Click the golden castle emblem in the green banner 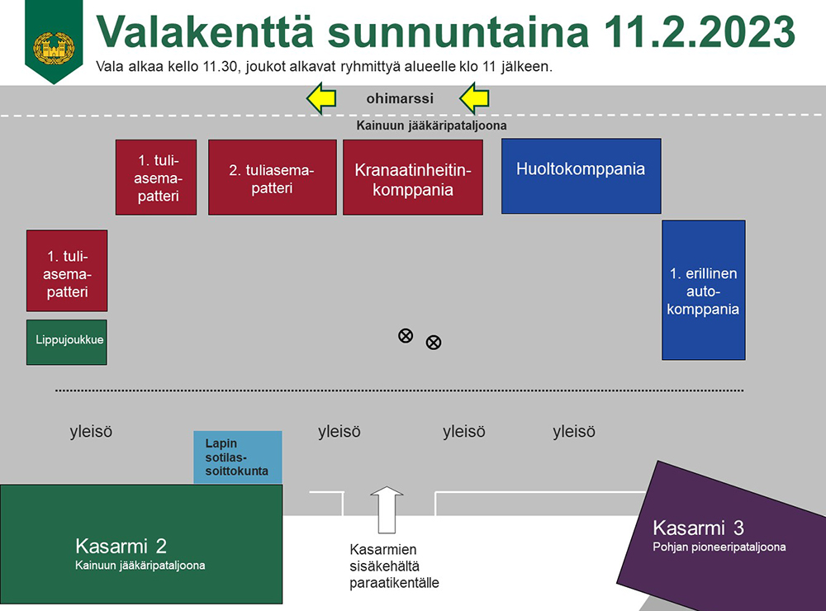pyautogui.click(x=54, y=48)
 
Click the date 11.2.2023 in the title pyautogui.click(x=699, y=31)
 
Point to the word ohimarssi pyautogui.click(x=400, y=98)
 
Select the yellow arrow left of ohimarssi pyautogui.click(x=321, y=98)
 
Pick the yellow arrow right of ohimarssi pyautogui.click(x=474, y=98)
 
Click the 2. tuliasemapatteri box pyautogui.click(x=273, y=177)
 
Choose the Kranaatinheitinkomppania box pyautogui.click(x=413, y=177)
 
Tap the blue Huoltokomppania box pyautogui.click(x=581, y=176)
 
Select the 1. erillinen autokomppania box pyautogui.click(x=703, y=291)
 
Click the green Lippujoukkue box pyautogui.click(x=67, y=343)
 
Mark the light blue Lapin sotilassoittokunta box pyautogui.click(x=238, y=457)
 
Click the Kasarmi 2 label pyautogui.click(x=121, y=547)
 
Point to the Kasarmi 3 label pyautogui.click(x=699, y=528)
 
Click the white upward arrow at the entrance pyautogui.click(x=387, y=509)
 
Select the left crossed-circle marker pyautogui.click(x=406, y=335)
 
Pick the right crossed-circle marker pyautogui.click(x=434, y=343)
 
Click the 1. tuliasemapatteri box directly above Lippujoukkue pyautogui.click(x=67, y=271)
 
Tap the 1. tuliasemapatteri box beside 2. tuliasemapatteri pyautogui.click(x=156, y=177)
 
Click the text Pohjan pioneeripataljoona pyautogui.click(x=719, y=547)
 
